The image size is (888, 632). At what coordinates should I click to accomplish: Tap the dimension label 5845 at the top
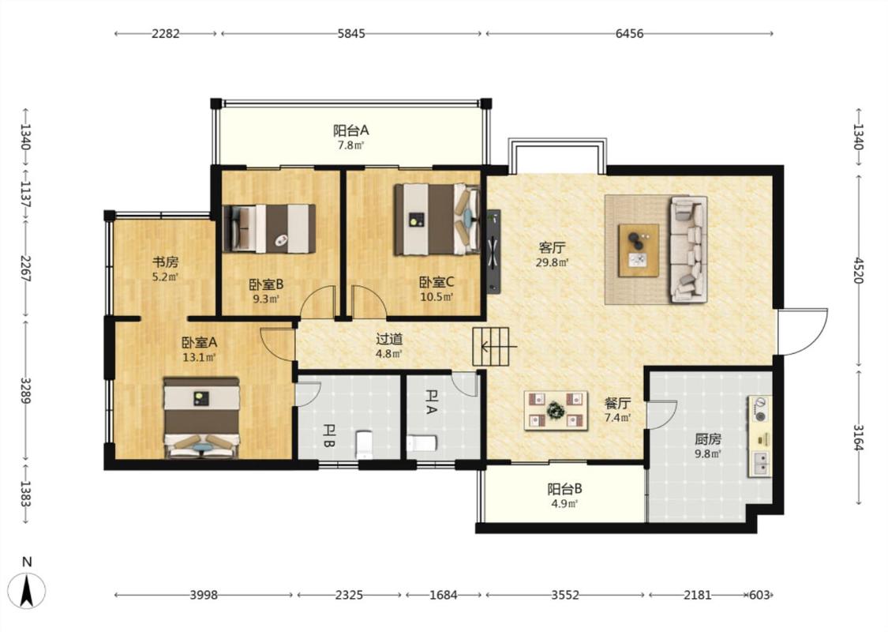point(351,33)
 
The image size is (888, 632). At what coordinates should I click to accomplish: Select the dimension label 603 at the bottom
point(759,595)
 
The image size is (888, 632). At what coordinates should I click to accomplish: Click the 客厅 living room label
point(553,248)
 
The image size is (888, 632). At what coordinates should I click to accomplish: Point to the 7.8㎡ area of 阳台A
point(350,145)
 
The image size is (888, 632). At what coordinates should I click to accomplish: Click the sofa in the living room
point(688,250)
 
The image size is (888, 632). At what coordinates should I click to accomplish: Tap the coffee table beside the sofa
point(639,250)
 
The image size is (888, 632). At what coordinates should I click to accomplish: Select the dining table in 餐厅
point(556,410)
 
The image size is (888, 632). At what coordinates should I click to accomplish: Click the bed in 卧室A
point(201,418)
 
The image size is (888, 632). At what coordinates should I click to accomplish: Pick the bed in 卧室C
point(437,219)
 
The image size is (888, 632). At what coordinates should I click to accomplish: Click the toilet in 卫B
point(363,445)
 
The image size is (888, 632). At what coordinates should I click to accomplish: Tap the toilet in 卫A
point(422,443)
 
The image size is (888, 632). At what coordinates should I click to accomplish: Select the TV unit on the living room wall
point(493,251)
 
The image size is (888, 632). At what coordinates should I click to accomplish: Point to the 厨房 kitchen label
point(708,439)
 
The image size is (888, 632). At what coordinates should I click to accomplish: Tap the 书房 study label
point(166,262)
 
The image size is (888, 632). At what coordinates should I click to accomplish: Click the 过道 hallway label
point(390,339)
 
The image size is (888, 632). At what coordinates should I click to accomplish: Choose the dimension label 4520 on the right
point(859,270)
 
